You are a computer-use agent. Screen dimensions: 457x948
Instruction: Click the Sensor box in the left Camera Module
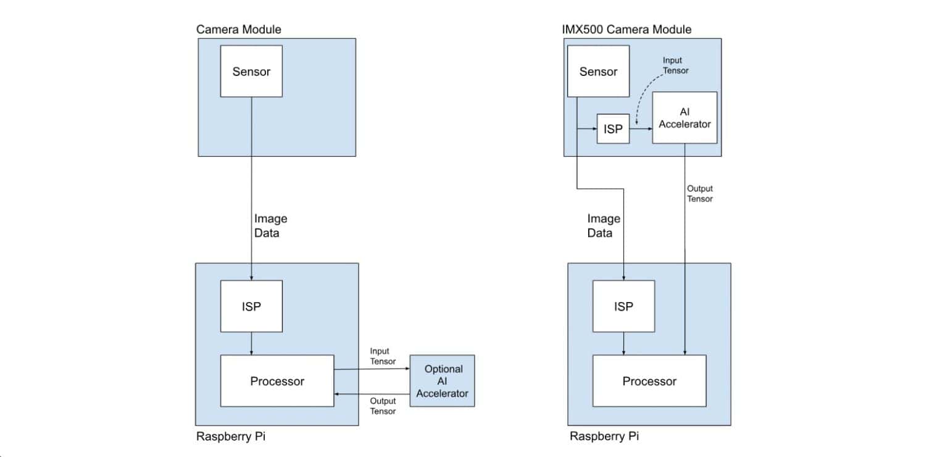point(251,71)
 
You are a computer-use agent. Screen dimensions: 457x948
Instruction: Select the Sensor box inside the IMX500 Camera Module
point(598,72)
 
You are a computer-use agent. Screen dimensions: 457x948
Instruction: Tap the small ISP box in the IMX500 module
point(613,129)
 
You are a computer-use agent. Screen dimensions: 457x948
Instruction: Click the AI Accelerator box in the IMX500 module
point(684,117)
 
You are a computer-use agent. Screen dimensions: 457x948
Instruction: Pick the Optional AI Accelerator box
point(443,380)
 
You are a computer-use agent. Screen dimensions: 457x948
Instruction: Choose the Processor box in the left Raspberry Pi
point(276,380)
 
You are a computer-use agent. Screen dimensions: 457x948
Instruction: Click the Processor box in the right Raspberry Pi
point(649,380)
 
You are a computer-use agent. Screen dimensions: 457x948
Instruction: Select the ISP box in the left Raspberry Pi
point(251,306)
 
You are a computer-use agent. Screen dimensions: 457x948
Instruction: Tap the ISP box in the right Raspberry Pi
point(623,306)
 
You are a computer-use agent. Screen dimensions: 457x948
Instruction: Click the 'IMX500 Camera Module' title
point(627,29)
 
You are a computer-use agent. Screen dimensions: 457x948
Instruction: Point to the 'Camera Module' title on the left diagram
point(238,29)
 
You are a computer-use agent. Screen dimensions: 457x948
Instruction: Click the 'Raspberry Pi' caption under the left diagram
point(231,436)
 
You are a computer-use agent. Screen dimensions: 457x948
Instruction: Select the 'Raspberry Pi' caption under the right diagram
point(604,436)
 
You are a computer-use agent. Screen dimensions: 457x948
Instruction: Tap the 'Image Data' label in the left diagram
point(270,225)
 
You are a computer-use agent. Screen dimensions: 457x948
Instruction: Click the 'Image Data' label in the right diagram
point(603,225)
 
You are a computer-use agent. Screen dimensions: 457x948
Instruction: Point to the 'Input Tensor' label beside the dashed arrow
point(675,65)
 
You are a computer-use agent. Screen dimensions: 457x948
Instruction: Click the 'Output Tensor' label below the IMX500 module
point(700,193)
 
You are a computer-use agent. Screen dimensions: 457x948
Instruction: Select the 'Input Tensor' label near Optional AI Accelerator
point(383,356)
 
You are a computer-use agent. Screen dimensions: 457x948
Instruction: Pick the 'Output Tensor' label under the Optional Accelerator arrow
point(383,406)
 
